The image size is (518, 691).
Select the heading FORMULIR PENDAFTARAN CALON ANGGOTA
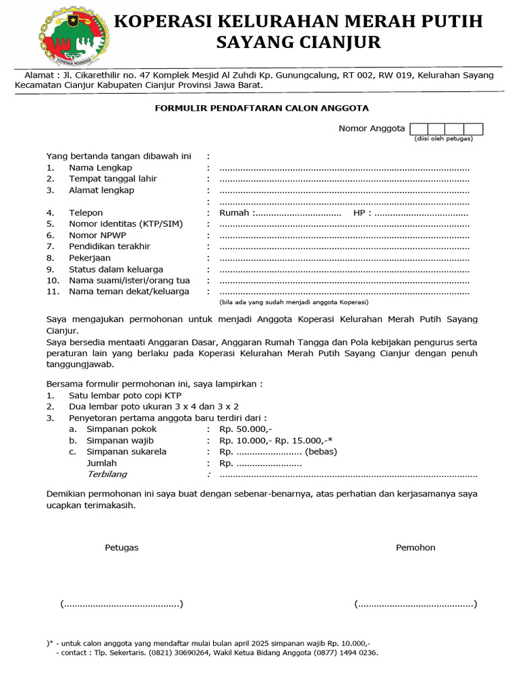click(x=262, y=108)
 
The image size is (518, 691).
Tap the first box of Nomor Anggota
click(x=418, y=129)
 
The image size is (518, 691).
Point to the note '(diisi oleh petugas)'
click(x=443, y=139)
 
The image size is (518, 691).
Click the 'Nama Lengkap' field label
click(x=100, y=168)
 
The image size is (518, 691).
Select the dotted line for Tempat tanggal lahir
click(x=344, y=179)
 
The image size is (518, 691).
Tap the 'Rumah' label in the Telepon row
click(x=234, y=213)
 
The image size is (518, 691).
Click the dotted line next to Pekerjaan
click(x=344, y=258)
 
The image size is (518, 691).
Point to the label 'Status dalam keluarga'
click(x=116, y=269)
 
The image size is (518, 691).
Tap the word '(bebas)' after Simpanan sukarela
click(x=321, y=451)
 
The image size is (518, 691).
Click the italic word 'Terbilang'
click(x=107, y=474)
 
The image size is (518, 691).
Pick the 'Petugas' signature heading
click(x=121, y=548)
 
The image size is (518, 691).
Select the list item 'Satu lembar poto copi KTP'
click(x=125, y=395)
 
